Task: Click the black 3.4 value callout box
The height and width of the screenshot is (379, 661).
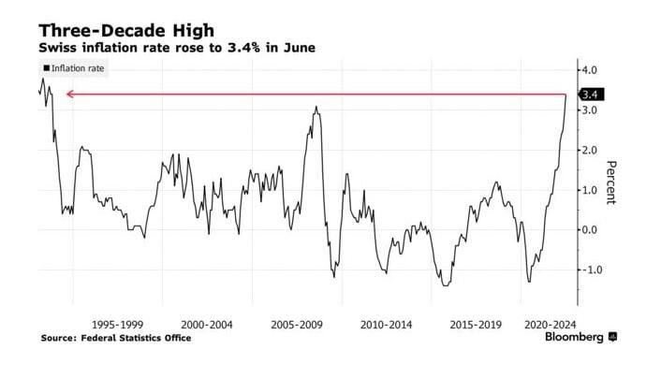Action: pyautogui.click(x=591, y=94)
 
